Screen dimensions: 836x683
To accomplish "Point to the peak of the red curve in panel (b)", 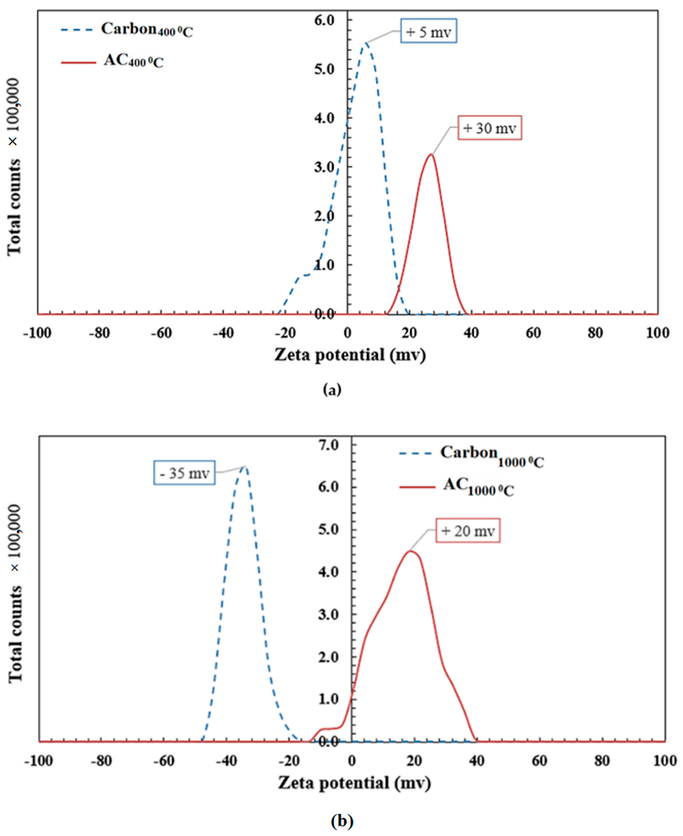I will click(x=410, y=551).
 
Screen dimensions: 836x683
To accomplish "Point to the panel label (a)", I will click(x=332, y=390).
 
